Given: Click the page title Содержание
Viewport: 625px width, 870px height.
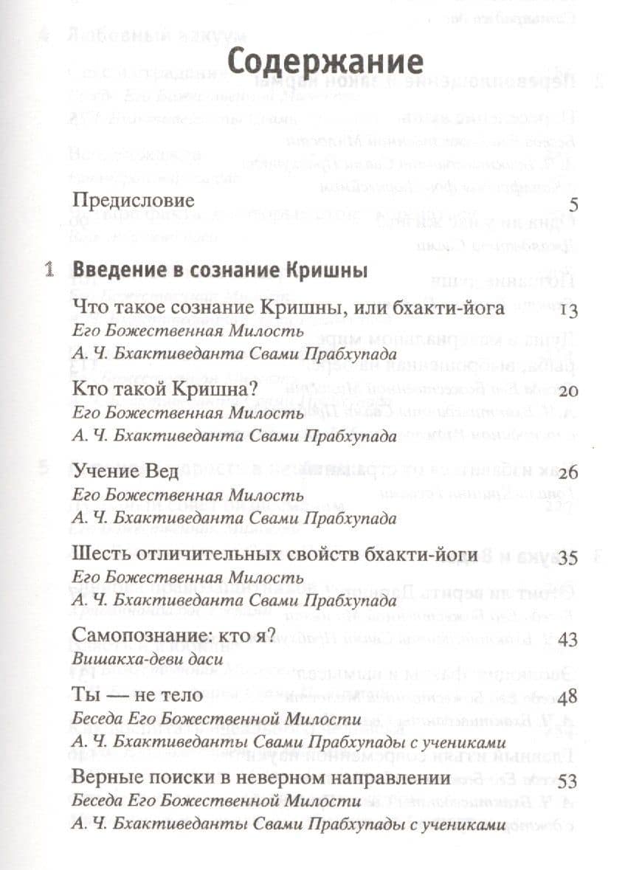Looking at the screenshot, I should coord(325,62).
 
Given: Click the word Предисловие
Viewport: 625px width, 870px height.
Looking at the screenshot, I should coord(134,200).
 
